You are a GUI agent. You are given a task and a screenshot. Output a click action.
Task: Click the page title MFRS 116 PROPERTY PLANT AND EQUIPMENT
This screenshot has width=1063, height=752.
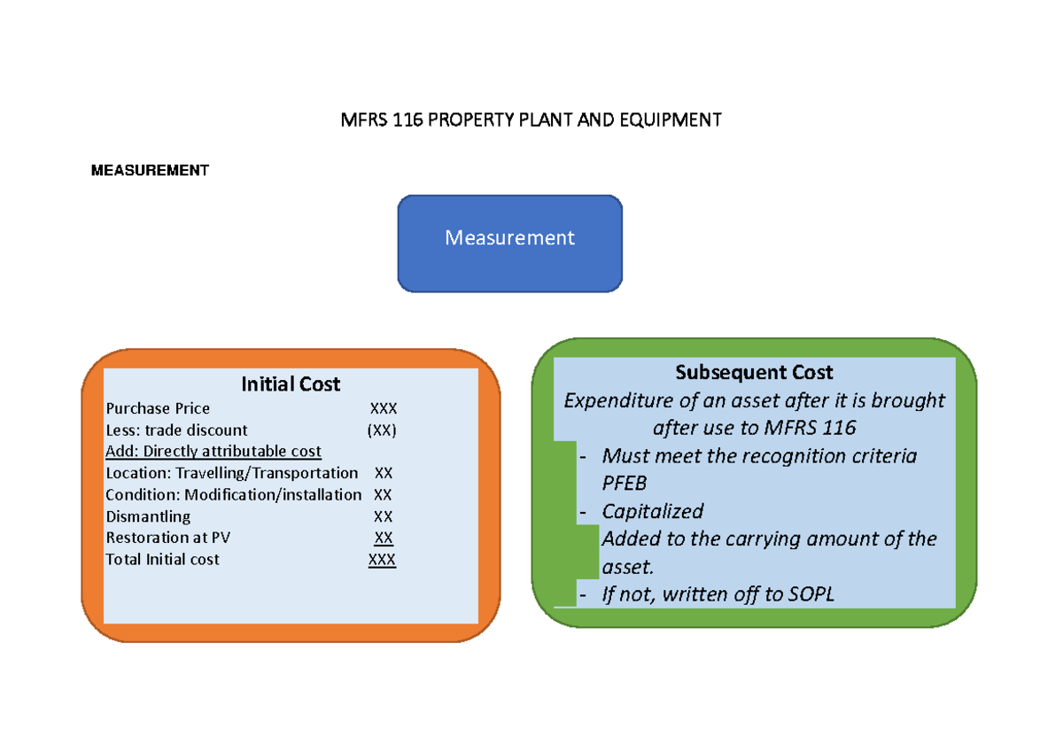click(531, 120)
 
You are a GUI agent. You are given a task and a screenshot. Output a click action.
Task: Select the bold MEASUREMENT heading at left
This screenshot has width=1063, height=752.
click(150, 170)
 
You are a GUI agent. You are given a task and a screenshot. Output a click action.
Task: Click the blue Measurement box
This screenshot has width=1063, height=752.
click(509, 238)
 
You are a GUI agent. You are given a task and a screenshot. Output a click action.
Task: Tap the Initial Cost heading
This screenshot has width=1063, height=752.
click(291, 384)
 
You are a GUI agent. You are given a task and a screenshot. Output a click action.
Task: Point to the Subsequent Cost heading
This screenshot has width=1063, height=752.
click(754, 373)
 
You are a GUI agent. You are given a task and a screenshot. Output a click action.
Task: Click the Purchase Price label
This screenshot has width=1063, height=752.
click(158, 408)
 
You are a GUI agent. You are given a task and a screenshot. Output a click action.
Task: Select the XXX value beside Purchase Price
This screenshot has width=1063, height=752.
click(384, 408)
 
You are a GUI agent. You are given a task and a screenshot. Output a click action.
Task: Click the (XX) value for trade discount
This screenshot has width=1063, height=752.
click(383, 430)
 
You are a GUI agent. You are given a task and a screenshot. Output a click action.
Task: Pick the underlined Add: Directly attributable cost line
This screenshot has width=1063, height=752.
click(213, 452)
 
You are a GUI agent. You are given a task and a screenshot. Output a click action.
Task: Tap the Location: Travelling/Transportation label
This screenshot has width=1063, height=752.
click(232, 473)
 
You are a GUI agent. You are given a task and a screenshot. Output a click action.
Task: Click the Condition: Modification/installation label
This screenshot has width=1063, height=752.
click(234, 494)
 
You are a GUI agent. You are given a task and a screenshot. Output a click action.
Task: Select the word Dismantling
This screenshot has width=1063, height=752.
click(148, 516)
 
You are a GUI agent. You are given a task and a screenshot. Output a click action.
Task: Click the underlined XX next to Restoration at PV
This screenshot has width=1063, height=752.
click(384, 538)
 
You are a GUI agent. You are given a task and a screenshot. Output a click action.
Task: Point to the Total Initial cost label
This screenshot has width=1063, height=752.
click(162, 560)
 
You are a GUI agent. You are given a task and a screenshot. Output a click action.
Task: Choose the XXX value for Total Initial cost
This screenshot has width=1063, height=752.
click(383, 560)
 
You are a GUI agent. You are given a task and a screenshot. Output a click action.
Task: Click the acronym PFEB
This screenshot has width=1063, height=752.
click(625, 484)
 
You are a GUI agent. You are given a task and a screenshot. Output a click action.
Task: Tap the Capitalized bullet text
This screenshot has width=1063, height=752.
click(652, 511)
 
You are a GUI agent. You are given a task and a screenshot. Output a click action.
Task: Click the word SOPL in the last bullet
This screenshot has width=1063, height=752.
click(811, 594)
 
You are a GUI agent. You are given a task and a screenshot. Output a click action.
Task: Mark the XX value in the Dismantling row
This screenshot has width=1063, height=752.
click(383, 516)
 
